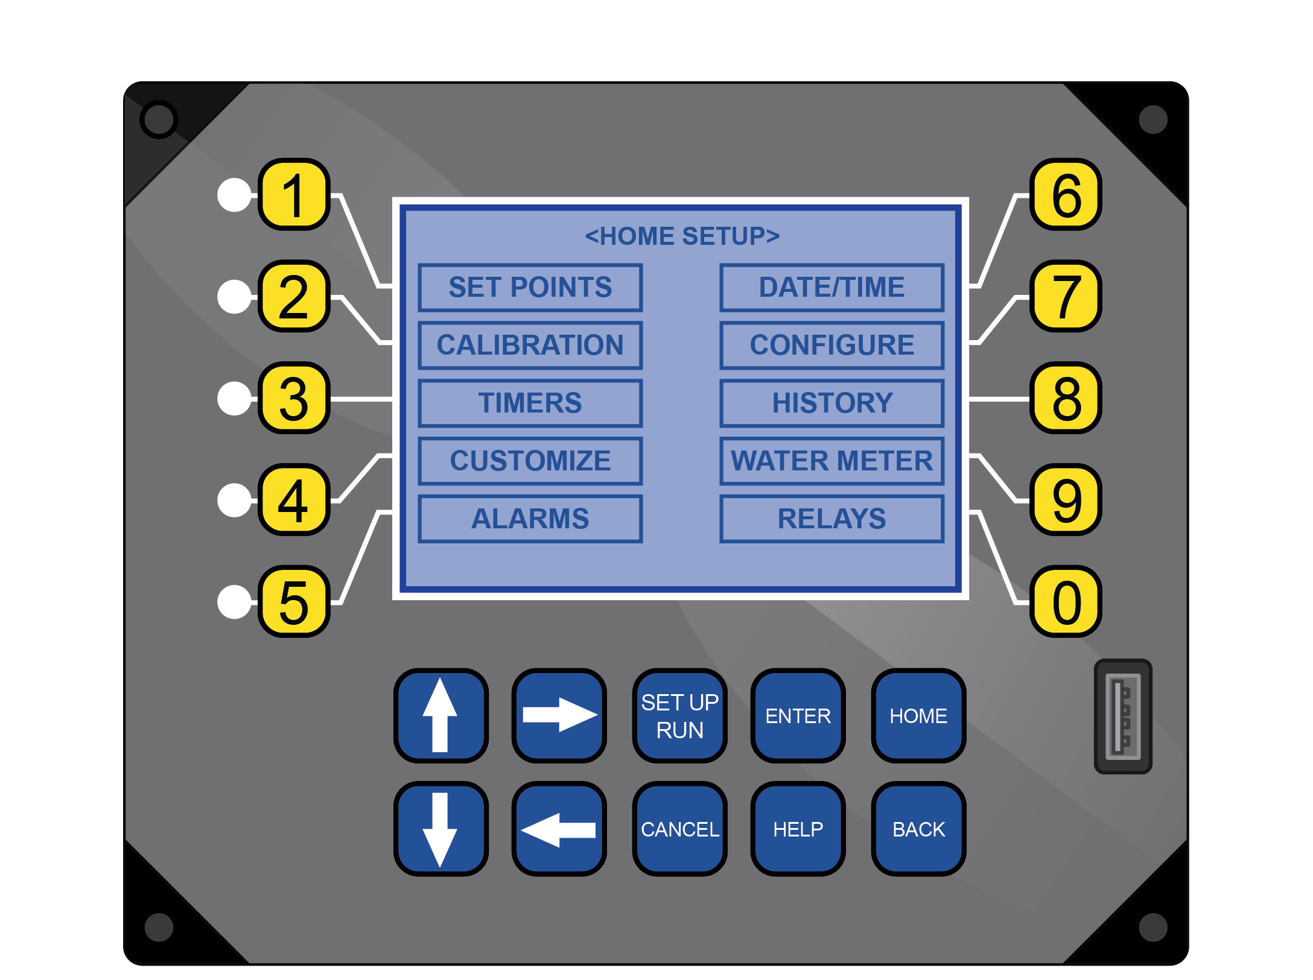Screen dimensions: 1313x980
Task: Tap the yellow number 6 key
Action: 1066,194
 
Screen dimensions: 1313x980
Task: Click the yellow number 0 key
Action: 1066,601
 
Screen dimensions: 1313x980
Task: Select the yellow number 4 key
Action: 294,499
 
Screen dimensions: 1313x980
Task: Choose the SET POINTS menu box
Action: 530,287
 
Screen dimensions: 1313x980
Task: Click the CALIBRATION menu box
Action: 530,345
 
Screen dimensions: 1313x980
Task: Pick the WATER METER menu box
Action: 831,461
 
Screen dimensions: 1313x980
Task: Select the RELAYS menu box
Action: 831,519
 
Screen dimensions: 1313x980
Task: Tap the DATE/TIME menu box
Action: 831,287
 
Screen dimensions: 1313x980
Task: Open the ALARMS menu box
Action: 530,519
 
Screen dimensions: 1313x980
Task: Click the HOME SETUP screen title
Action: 682,236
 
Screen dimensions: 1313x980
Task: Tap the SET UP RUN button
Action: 679,715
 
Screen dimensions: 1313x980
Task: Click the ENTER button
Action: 798,715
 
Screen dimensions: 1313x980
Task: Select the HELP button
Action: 798,829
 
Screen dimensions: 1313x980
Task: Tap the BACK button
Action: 918,829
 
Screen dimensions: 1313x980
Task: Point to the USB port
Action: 1122,716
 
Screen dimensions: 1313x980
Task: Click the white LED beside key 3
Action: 234,398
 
